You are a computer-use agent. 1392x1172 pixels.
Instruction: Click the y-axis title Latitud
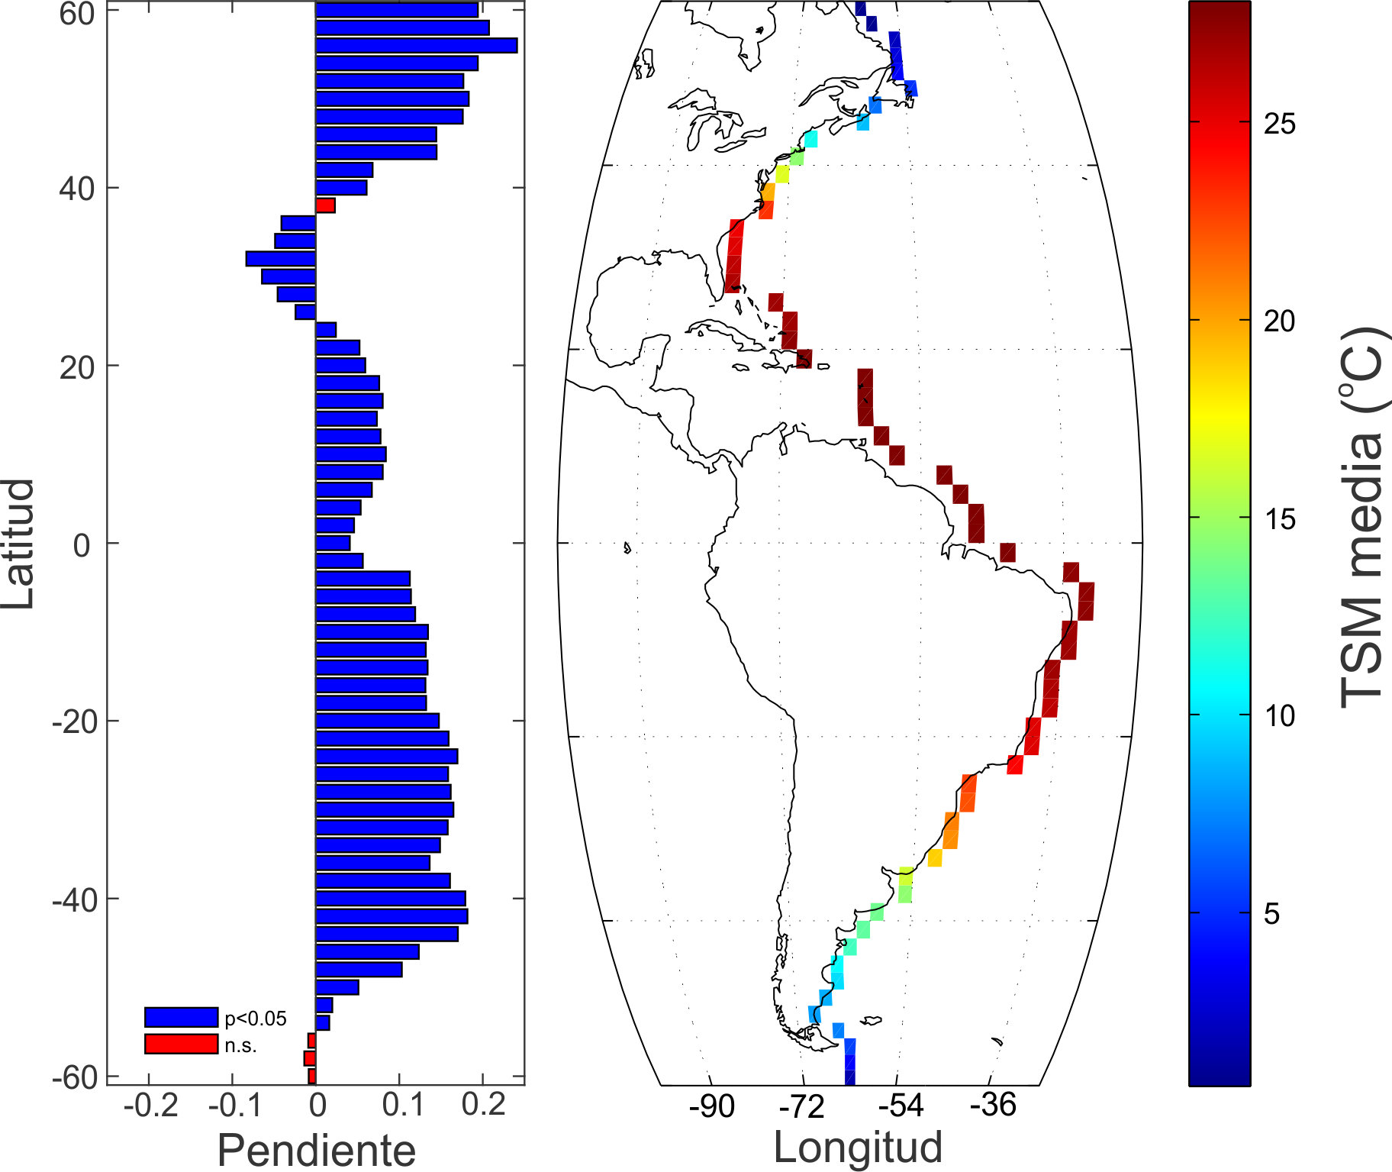pyautogui.click(x=18, y=544)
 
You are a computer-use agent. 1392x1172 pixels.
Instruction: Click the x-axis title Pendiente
pyautogui.click(x=316, y=1150)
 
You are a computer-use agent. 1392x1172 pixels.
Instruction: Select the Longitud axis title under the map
pyautogui.click(x=857, y=1147)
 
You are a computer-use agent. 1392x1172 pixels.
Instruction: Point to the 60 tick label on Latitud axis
pyautogui.click(x=76, y=13)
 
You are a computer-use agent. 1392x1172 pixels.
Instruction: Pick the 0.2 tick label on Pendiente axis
pyautogui.click(x=483, y=1105)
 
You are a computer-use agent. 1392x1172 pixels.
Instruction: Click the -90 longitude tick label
pyautogui.click(x=711, y=1106)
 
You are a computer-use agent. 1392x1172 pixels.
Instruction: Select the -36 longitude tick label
pyautogui.click(x=993, y=1105)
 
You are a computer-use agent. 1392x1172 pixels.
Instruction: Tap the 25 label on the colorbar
pyautogui.click(x=1280, y=123)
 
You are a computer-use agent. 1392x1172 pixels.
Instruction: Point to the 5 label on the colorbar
pyautogui.click(x=1271, y=913)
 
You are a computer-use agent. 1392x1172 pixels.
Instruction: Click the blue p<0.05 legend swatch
pyautogui.click(x=182, y=1017)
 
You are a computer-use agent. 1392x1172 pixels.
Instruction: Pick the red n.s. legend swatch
pyautogui.click(x=182, y=1044)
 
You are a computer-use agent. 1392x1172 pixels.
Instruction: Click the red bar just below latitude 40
pyautogui.click(x=326, y=205)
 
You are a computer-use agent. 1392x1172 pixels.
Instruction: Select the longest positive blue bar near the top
pyautogui.click(x=417, y=46)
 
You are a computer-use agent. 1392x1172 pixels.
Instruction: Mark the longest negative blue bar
pyautogui.click(x=281, y=259)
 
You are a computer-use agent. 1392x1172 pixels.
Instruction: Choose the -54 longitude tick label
pyautogui.click(x=901, y=1106)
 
